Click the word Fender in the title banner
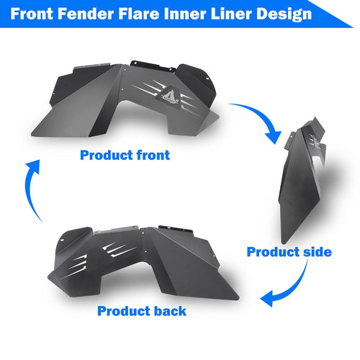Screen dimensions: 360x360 [86, 14]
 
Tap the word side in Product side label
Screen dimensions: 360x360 [318, 252]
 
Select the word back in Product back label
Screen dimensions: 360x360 [169, 311]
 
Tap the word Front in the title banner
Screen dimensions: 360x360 [32, 14]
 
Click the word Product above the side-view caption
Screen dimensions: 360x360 [273, 252]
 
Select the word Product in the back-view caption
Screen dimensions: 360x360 [123, 311]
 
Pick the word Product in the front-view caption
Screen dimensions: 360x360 [107, 155]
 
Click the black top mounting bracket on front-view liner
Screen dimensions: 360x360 [153, 66]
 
